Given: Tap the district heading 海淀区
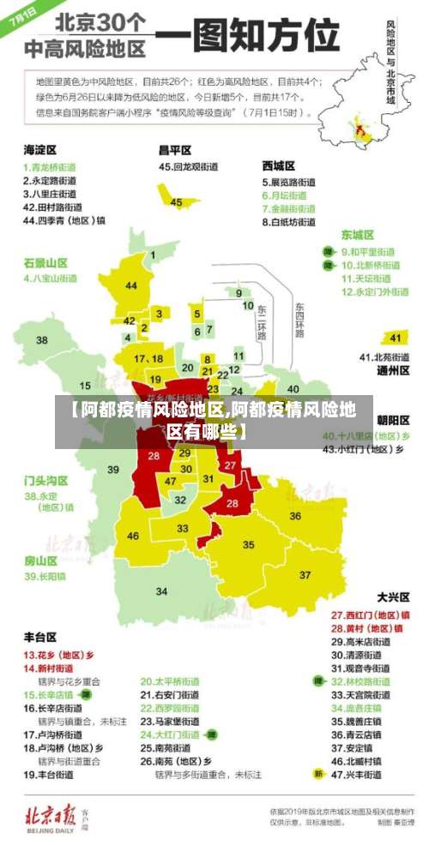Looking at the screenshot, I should [x=40, y=148].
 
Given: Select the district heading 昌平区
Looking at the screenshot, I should [x=175, y=148].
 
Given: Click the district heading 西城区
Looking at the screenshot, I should [x=279, y=165].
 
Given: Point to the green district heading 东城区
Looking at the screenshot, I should [x=358, y=234].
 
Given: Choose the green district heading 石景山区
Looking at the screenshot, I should [x=45, y=262].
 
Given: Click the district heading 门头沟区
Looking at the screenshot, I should [x=45, y=480].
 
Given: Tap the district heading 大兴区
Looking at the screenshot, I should [x=393, y=596].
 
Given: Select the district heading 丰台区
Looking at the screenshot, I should [x=40, y=637].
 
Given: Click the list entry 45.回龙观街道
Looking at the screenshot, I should [x=191, y=166].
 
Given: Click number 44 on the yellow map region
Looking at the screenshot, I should [x=131, y=285].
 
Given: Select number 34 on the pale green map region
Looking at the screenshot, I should [x=161, y=590].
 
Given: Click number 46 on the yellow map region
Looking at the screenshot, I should [x=133, y=536].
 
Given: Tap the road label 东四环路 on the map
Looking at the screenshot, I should [x=299, y=320].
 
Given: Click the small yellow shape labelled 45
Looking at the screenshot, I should [x=175, y=201].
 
